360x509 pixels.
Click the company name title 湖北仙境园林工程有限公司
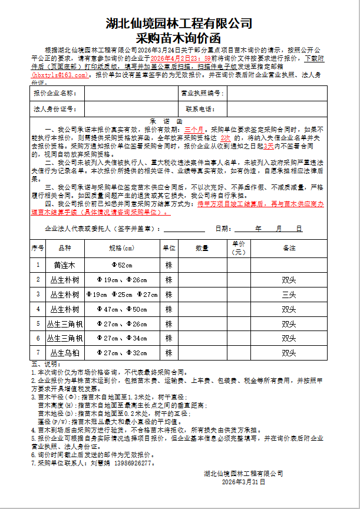click(179, 24)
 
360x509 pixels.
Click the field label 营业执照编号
click(202, 94)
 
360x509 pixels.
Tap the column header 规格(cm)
click(122, 249)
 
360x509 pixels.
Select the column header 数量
click(202, 249)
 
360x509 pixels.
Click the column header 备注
click(289, 249)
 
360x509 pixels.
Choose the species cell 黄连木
click(64, 265)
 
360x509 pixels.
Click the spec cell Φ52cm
click(122, 265)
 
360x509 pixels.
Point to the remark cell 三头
click(289, 294)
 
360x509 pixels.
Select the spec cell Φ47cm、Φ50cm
click(122, 309)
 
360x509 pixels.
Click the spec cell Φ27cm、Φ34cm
click(122, 338)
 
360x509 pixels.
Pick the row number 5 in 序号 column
click(38, 323)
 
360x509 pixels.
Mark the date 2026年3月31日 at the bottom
click(243, 482)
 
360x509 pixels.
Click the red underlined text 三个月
click(194, 128)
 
